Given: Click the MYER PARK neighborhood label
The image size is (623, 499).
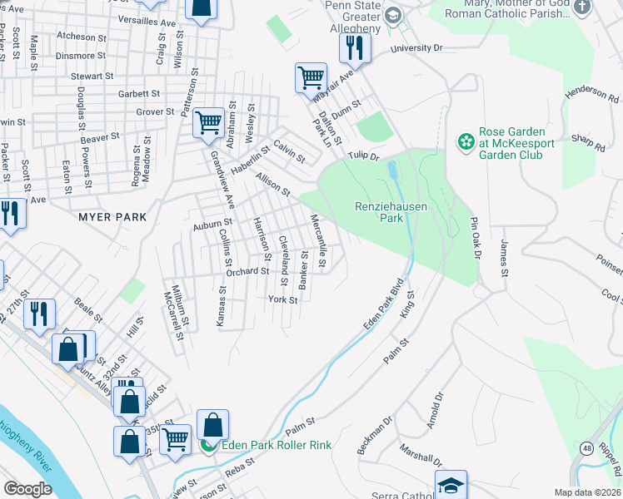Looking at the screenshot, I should [112, 217].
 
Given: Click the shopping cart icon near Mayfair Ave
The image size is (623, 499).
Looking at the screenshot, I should [311, 77].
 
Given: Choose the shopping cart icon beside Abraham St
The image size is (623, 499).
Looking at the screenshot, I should [208, 123].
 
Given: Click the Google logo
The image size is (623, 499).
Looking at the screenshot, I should [27, 488].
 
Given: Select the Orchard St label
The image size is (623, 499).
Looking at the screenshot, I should [247, 271].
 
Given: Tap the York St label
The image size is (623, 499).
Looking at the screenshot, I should [282, 299].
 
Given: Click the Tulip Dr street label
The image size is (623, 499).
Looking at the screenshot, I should [363, 156].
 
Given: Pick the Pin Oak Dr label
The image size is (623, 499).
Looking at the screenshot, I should [475, 237].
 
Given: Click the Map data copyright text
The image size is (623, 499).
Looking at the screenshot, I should [588, 492].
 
